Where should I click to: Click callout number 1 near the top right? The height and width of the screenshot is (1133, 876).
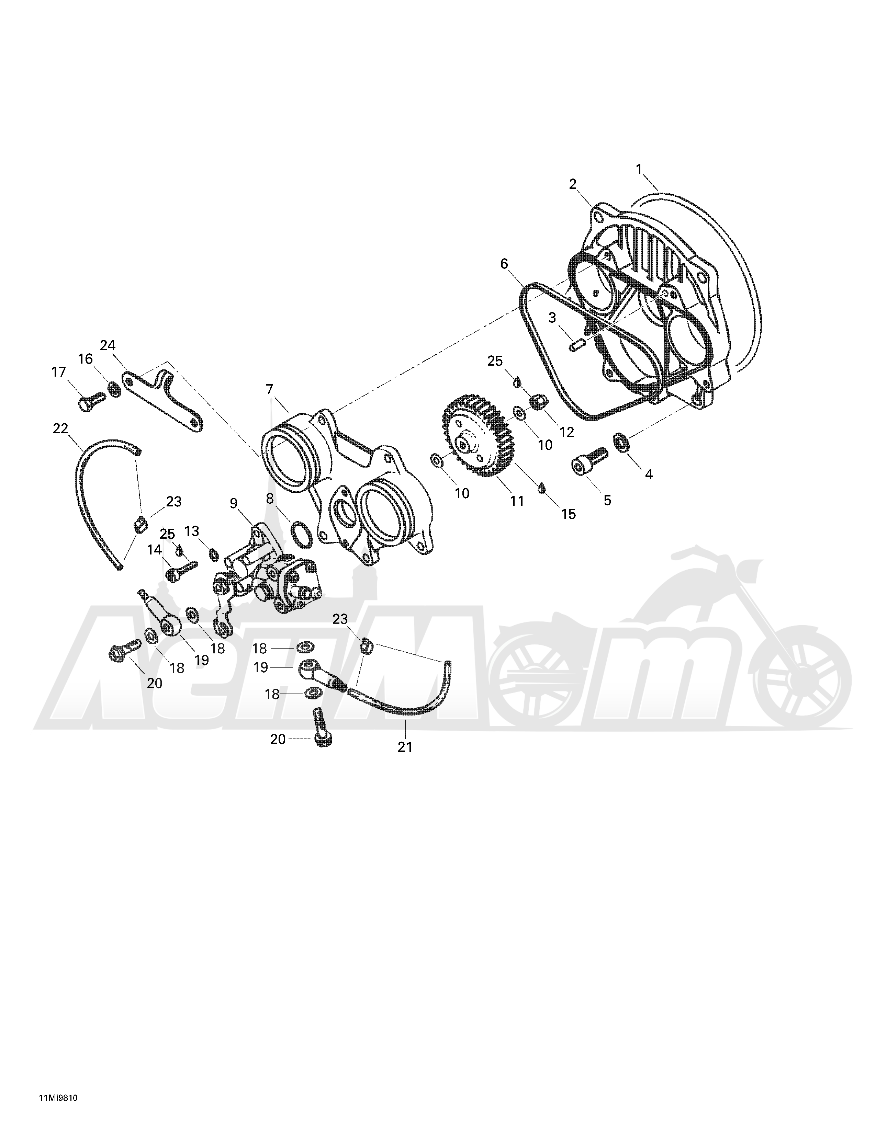[639, 169]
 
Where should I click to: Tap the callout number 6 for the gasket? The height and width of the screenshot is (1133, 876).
[504, 264]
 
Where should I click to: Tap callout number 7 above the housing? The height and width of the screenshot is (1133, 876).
[269, 389]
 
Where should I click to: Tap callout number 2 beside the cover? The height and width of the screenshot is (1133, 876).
[573, 184]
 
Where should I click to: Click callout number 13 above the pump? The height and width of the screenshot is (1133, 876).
[192, 531]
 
